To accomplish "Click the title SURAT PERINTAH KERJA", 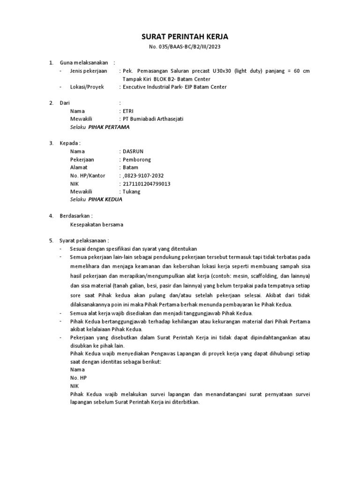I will tap(180, 37).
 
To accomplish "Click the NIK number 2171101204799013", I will tap(146, 183).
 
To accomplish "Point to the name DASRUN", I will tap(133, 151).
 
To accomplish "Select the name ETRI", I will tap(128, 111).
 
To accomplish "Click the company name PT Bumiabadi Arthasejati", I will tap(153, 119).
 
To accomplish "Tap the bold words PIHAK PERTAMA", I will tap(109, 127).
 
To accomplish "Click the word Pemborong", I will tap(137, 159).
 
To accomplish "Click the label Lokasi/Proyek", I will tap(87, 87).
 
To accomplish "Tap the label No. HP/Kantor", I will tap(88, 175).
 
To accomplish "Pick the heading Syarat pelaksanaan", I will tap(84, 240).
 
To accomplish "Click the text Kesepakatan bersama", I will tap(96, 224).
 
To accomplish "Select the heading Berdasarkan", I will tap(76, 216).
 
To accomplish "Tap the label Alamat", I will tap(79, 167).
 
